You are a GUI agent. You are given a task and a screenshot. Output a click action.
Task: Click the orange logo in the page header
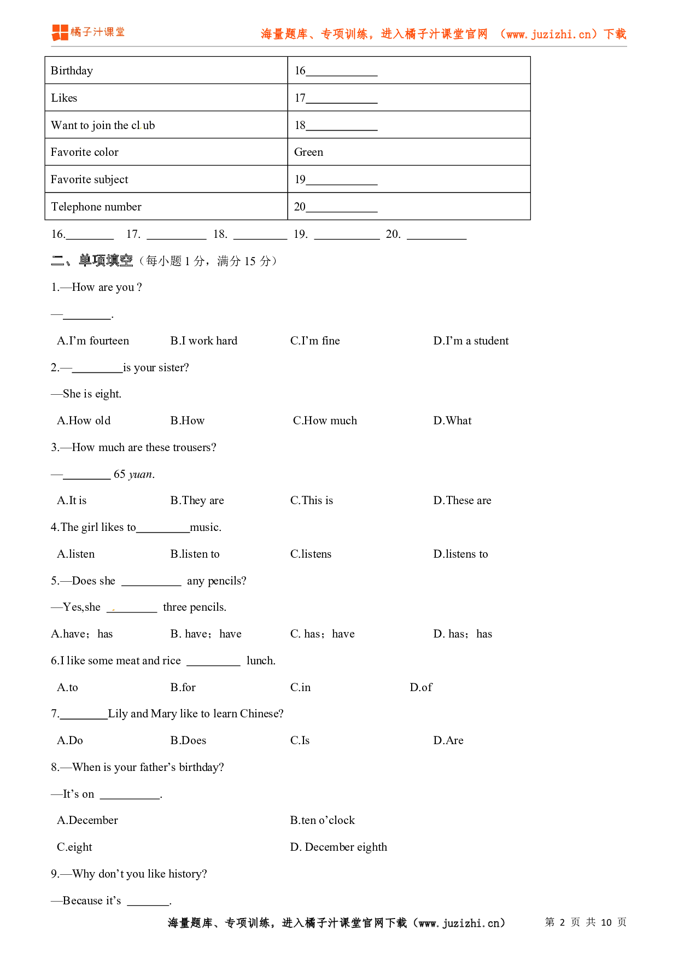click(x=60, y=32)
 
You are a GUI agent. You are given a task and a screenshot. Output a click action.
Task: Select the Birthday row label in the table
click(x=72, y=71)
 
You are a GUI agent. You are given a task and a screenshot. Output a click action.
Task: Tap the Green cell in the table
click(x=308, y=152)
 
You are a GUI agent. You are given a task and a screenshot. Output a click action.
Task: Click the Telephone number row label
click(x=96, y=207)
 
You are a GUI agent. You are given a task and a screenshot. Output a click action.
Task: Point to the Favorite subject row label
click(x=89, y=179)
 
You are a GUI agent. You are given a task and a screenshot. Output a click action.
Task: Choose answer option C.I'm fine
click(x=315, y=341)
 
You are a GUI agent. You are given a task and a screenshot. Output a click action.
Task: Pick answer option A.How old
click(x=84, y=420)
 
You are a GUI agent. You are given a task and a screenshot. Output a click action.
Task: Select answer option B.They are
click(x=197, y=500)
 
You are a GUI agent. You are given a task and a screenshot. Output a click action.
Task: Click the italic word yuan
click(x=141, y=475)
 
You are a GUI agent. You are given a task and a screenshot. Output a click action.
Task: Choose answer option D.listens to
click(x=460, y=554)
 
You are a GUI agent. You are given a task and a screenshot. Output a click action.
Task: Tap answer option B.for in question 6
click(x=183, y=687)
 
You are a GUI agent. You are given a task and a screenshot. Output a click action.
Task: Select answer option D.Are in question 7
click(x=448, y=740)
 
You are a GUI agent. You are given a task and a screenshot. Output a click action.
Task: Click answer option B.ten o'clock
click(x=322, y=820)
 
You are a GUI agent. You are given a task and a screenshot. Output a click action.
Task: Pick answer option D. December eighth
click(x=338, y=847)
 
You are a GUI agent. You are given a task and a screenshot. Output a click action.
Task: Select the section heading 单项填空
click(x=106, y=261)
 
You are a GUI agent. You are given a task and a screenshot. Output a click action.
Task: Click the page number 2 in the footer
click(x=562, y=922)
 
